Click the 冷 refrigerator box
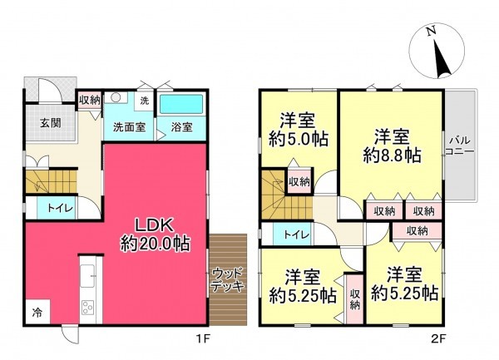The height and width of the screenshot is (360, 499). coord(37,315)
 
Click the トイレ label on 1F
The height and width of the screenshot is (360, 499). coord(57,209)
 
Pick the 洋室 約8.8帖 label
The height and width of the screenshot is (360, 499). coord(391,145)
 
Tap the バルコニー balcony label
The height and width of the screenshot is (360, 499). coord(459,145)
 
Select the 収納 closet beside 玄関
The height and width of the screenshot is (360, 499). coord(90,101)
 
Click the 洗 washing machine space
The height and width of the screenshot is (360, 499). coord(143,101)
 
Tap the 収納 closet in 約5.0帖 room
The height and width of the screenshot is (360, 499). coord(299,181)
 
